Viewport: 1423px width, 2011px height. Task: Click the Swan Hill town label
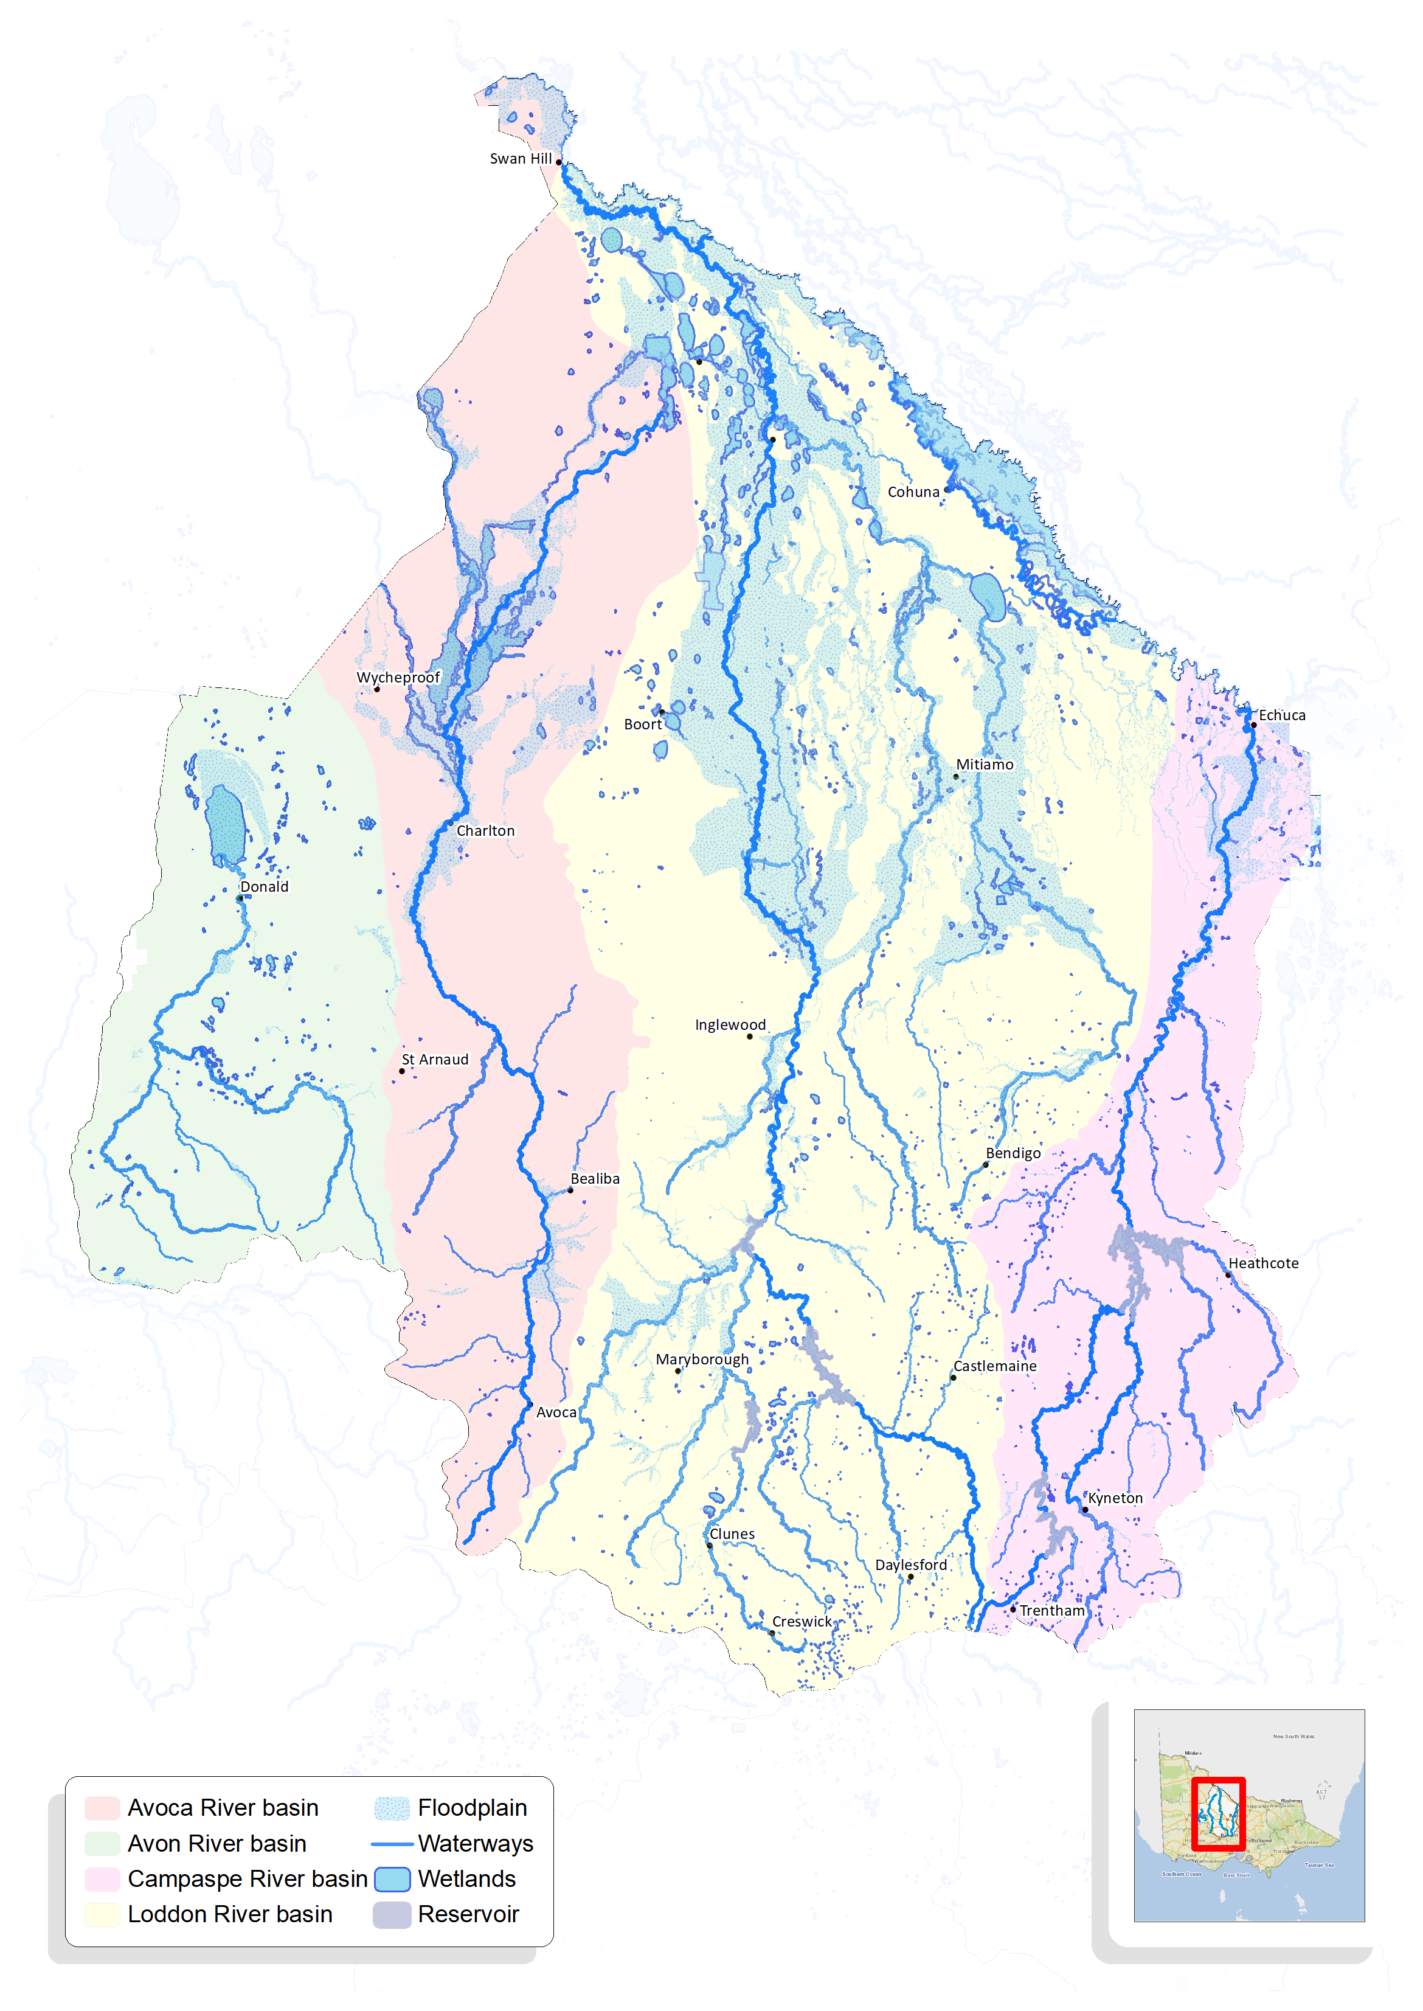click(521, 159)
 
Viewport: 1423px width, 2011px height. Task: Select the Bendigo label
click(1013, 1153)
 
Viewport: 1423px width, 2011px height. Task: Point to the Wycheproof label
click(398, 678)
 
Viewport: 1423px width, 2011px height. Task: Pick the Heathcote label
click(1262, 1263)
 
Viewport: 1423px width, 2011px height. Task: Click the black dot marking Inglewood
click(749, 1037)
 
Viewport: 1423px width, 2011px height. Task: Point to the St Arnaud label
click(435, 1060)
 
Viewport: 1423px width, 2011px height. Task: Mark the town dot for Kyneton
click(1085, 1510)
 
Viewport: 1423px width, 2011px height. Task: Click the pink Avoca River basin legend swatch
click(102, 1808)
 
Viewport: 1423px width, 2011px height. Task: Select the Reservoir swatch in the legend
click(392, 1915)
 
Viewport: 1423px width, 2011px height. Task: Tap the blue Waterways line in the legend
click(392, 1844)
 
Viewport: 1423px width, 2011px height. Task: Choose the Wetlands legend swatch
click(392, 1878)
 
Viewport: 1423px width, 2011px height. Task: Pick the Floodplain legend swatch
click(392, 1808)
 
